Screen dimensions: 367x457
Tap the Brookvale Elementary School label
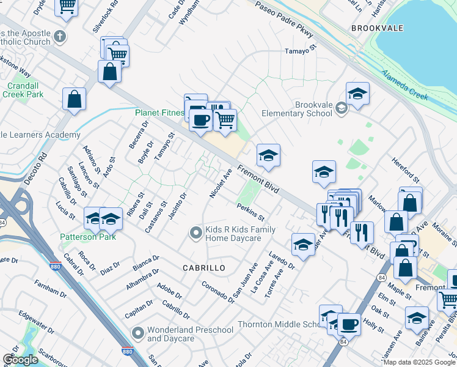pyautogui.click(x=296, y=109)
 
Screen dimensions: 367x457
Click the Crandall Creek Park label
pyautogui.click(x=23, y=90)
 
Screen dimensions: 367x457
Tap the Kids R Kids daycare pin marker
pyautogui.click(x=196, y=232)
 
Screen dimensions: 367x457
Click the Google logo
pyautogui.click(x=20, y=360)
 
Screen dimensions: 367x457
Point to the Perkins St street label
pyautogui.click(x=250, y=213)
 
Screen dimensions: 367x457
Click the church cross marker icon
pyautogui.click(x=60, y=37)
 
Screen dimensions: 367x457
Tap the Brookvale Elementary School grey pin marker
pyautogui.click(x=342, y=108)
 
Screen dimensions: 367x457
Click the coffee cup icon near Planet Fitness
pyautogui.click(x=200, y=120)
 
